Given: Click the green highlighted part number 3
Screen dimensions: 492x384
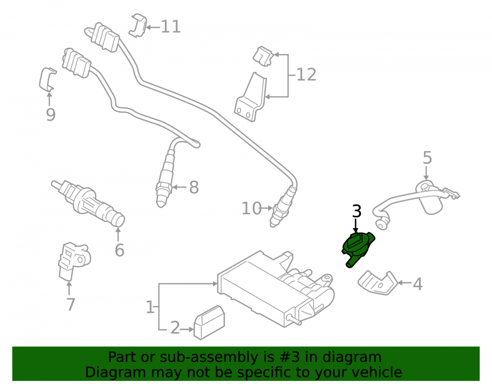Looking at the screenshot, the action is point(358,248).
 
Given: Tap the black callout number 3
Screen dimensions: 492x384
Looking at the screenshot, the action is point(357,211).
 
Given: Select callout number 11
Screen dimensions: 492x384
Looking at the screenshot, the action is point(171,27).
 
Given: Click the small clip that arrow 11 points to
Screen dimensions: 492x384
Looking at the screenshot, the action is point(138,25).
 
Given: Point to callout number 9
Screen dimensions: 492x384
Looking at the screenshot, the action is point(51,115).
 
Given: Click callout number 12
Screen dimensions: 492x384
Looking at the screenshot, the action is point(306,75).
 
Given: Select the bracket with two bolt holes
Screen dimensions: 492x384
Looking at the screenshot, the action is point(250,98).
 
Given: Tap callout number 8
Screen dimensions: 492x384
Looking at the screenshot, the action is point(194,187).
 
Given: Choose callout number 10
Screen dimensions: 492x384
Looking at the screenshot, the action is point(251,208).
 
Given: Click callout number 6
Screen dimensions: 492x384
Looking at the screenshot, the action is point(119,250).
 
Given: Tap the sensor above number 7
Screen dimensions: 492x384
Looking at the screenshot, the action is point(74,260).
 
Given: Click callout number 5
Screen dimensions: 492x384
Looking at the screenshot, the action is point(428,158).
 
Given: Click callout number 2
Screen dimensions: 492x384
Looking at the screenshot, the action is point(175,328).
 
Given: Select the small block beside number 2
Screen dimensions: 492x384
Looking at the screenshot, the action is point(209,323).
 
